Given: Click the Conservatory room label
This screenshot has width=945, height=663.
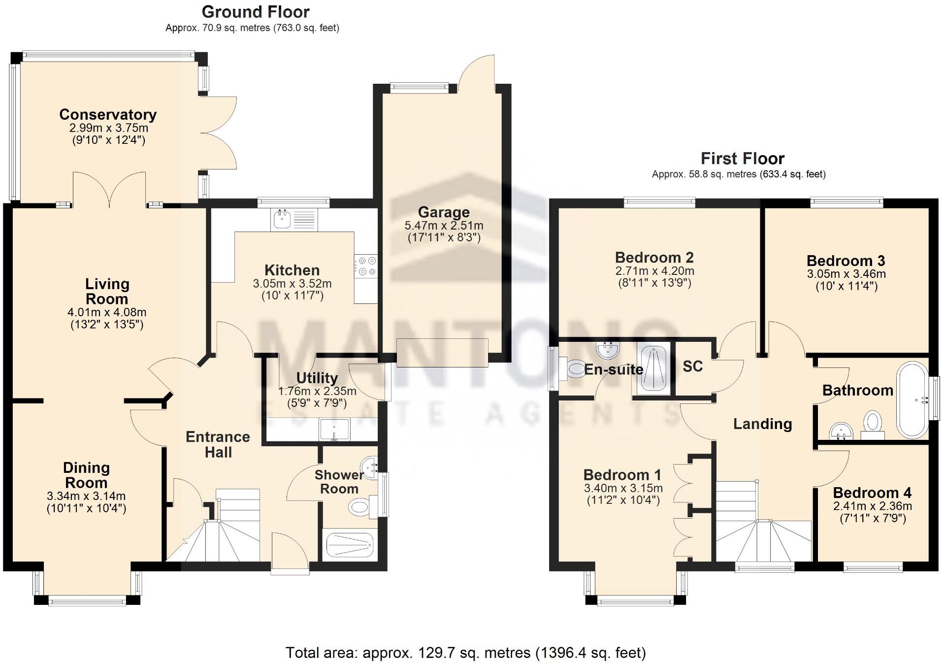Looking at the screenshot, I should coord(108,114).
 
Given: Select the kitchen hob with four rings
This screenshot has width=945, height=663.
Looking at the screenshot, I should coord(366,266).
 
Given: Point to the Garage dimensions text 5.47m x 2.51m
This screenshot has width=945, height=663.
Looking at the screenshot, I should coord(444,226).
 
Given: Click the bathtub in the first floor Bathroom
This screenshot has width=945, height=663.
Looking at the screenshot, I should coord(912,400).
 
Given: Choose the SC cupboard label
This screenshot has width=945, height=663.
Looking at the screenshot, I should coord(692,366).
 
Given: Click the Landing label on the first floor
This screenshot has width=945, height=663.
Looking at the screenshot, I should coord(762,424).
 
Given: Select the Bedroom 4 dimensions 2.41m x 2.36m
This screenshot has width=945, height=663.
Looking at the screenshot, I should coord(872,506).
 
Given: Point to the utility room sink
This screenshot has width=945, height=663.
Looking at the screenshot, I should coord(334,429).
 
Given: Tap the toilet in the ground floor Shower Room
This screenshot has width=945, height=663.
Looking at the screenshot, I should coord(361,506).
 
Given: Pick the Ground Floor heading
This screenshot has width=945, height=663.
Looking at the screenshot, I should coord(256,12).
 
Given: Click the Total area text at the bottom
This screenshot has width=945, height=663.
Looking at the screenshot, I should coord(465,653).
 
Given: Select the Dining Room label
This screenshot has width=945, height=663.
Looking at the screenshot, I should coord(86,475).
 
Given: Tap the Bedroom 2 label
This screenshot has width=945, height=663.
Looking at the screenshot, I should coord(654,257).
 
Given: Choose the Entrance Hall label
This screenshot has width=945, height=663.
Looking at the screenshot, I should coord(218,444).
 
